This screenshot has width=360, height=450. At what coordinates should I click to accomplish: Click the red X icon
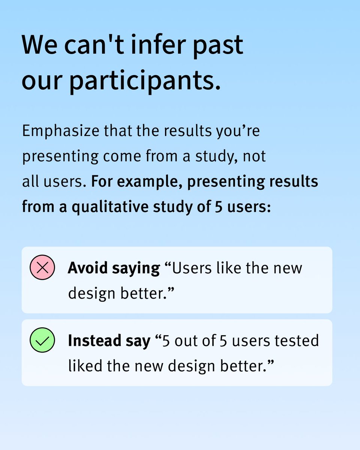click(x=42, y=268)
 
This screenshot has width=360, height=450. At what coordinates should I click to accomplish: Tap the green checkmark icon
click(x=42, y=340)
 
